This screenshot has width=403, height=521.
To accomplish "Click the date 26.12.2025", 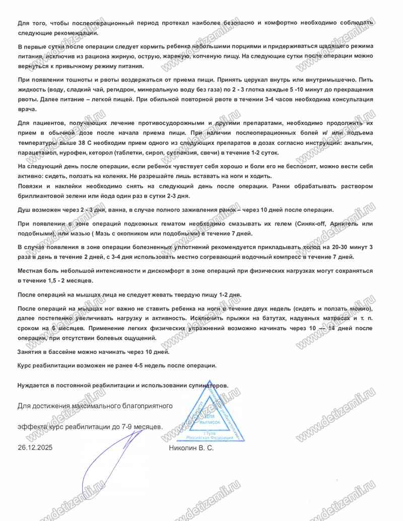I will coord(35,447).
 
